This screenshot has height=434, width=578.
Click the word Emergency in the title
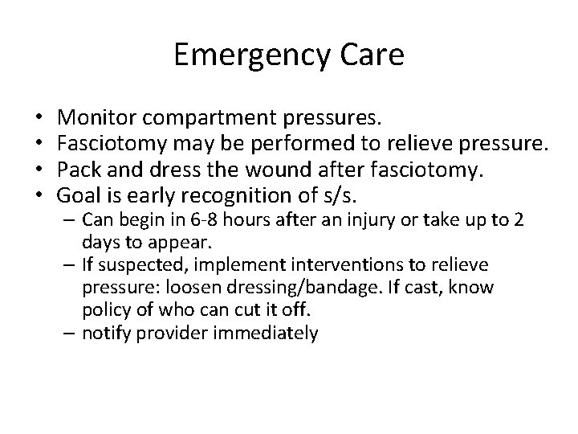click(253, 55)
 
